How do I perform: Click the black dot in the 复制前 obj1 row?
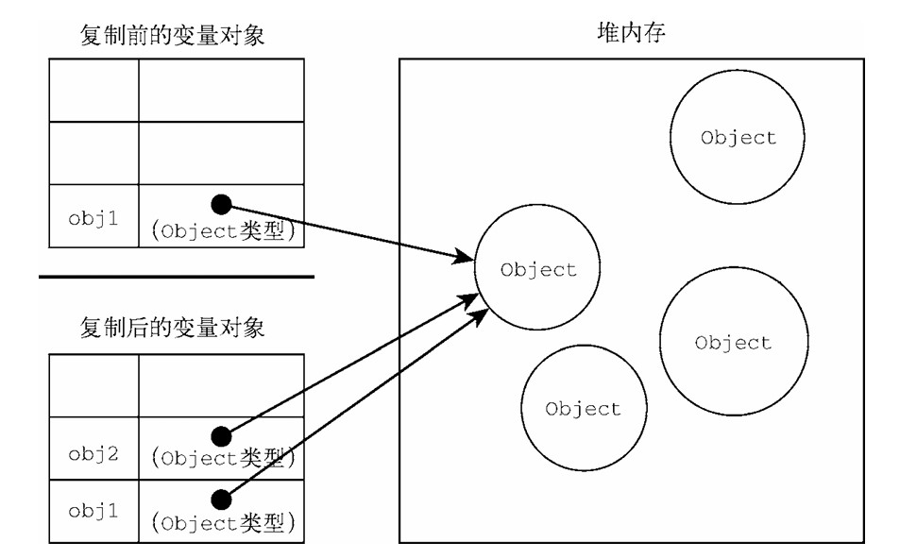click(x=221, y=203)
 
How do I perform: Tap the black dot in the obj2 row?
click(x=221, y=435)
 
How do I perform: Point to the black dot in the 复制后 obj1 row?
click(x=221, y=498)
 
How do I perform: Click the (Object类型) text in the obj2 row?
click(x=223, y=459)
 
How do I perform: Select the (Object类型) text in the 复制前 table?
click(x=223, y=230)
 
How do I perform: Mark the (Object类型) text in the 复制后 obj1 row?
click(x=223, y=520)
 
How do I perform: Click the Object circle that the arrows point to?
click(x=537, y=269)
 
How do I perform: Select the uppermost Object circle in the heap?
click(x=738, y=137)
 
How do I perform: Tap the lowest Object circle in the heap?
click(x=583, y=409)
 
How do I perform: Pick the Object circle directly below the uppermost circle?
click(x=732, y=342)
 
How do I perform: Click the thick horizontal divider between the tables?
click(x=176, y=277)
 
